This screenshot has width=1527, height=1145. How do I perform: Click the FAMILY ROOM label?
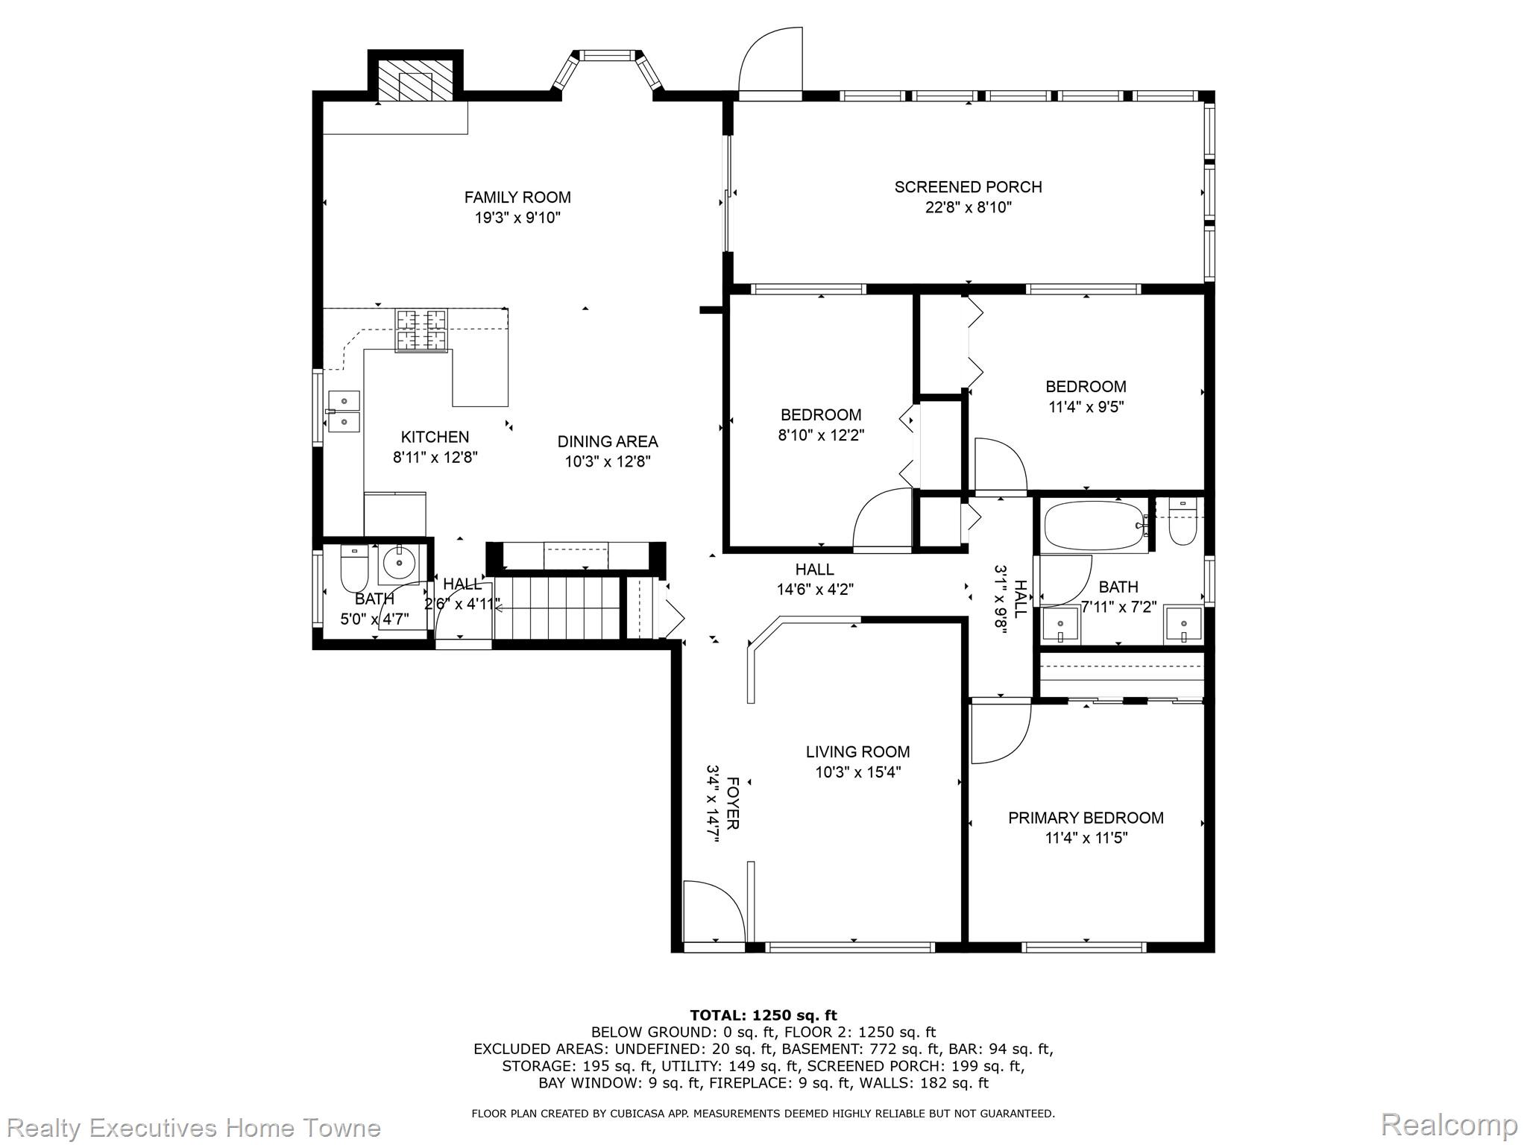tap(517, 198)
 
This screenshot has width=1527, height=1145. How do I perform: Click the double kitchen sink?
tap(344, 411)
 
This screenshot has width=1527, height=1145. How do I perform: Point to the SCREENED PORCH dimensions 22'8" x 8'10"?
tap(968, 207)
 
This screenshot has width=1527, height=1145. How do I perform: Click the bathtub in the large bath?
tap(1093, 526)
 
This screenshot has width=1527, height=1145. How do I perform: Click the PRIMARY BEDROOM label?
tap(1086, 818)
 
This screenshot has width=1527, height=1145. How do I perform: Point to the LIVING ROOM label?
tap(857, 752)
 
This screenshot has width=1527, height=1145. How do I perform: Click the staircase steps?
tap(558, 608)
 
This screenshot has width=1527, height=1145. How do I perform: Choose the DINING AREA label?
tap(608, 441)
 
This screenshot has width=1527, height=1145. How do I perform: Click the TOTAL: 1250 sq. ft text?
tap(763, 1015)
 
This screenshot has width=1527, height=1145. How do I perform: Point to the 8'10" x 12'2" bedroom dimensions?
tap(821, 435)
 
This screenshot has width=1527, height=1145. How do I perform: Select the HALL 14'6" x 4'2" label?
tap(814, 570)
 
